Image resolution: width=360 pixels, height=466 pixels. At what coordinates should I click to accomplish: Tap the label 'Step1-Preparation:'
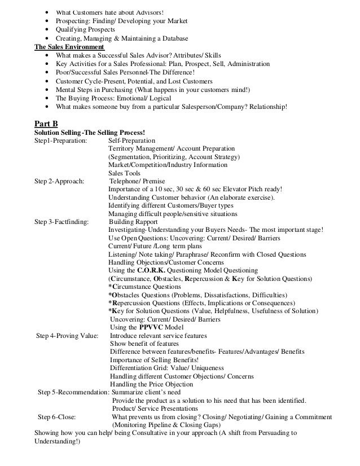pyautogui.click(x=61, y=140)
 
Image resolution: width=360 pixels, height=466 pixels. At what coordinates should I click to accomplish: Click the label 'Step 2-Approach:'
pyautogui.click(x=60, y=181)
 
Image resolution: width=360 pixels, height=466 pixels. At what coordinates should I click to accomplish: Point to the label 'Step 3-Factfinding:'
pyautogui.click(x=62, y=222)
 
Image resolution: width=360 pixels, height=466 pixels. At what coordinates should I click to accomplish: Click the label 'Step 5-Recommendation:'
pyautogui.click(x=73, y=392)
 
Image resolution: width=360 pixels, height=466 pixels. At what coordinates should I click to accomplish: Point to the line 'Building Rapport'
pyautogui.click(x=135, y=222)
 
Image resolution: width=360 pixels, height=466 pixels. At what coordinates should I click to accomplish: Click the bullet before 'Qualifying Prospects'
pyautogui.click(x=45, y=29)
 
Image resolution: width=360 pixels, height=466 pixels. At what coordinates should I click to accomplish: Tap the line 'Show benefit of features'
pyautogui.click(x=144, y=344)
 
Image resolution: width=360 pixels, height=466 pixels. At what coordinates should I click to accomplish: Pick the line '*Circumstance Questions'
pyautogui.click(x=144, y=287)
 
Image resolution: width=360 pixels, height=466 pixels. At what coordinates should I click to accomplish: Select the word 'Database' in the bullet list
pyautogui.click(x=173, y=38)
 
